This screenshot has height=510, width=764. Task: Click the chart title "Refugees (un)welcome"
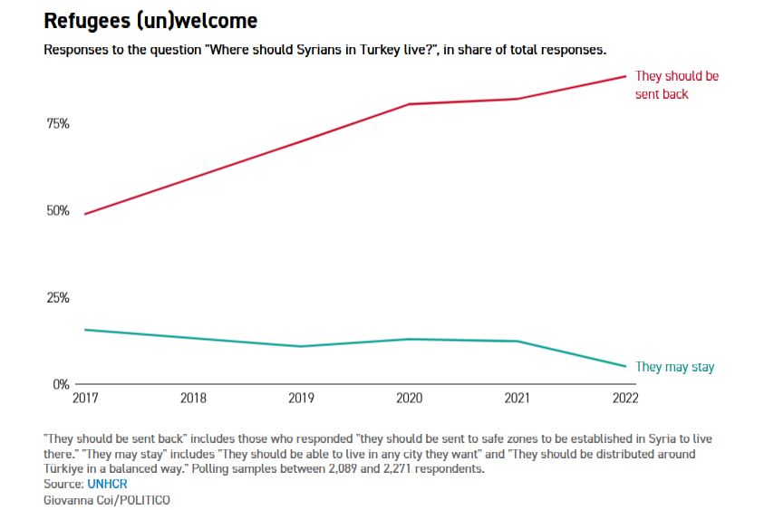pyautogui.click(x=150, y=21)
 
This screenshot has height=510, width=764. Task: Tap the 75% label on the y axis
pyautogui.click(x=57, y=123)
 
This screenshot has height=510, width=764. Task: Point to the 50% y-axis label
pyautogui.click(x=57, y=210)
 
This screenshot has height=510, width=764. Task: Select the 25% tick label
pyautogui.click(x=57, y=297)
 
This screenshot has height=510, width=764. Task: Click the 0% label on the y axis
pyautogui.click(x=61, y=384)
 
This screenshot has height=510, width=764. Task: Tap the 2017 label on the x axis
pyautogui.click(x=84, y=398)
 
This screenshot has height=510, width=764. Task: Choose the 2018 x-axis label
pyautogui.click(x=193, y=398)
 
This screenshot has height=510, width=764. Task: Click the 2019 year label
pyautogui.click(x=301, y=398)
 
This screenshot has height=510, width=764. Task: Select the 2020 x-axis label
pyautogui.click(x=409, y=398)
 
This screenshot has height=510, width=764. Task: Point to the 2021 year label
pyautogui.click(x=517, y=398)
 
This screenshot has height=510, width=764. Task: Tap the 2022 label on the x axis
pyautogui.click(x=625, y=398)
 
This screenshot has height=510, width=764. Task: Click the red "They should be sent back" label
pyautogui.click(x=676, y=85)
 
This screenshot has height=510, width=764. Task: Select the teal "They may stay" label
pyautogui.click(x=674, y=367)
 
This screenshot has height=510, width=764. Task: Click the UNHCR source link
pyautogui.click(x=107, y=484)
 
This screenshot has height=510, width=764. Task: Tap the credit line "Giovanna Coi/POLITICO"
pyautogui.click(x=106, y=499)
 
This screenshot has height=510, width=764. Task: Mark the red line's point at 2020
pyautogui.click(x=409, y=104)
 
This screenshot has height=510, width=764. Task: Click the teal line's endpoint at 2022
pyautogui.click(x=625, y=367)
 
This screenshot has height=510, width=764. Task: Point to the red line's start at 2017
pyautogui.click(x=84, y=214)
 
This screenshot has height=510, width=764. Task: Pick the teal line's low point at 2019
pyautogui.click(x=301, y=346)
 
